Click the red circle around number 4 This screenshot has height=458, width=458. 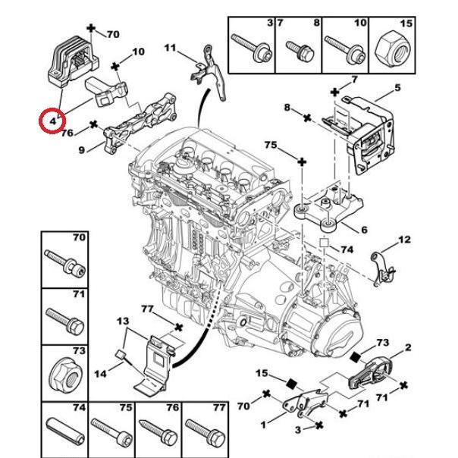tap(52, 120)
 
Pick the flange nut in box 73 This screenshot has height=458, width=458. tap(64, 372)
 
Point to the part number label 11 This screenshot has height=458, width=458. tap(169, 48)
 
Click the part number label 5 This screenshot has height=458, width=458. tap(397, 89)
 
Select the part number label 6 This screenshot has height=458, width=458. tap(363, 230)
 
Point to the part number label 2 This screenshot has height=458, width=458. tap(408, 347)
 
